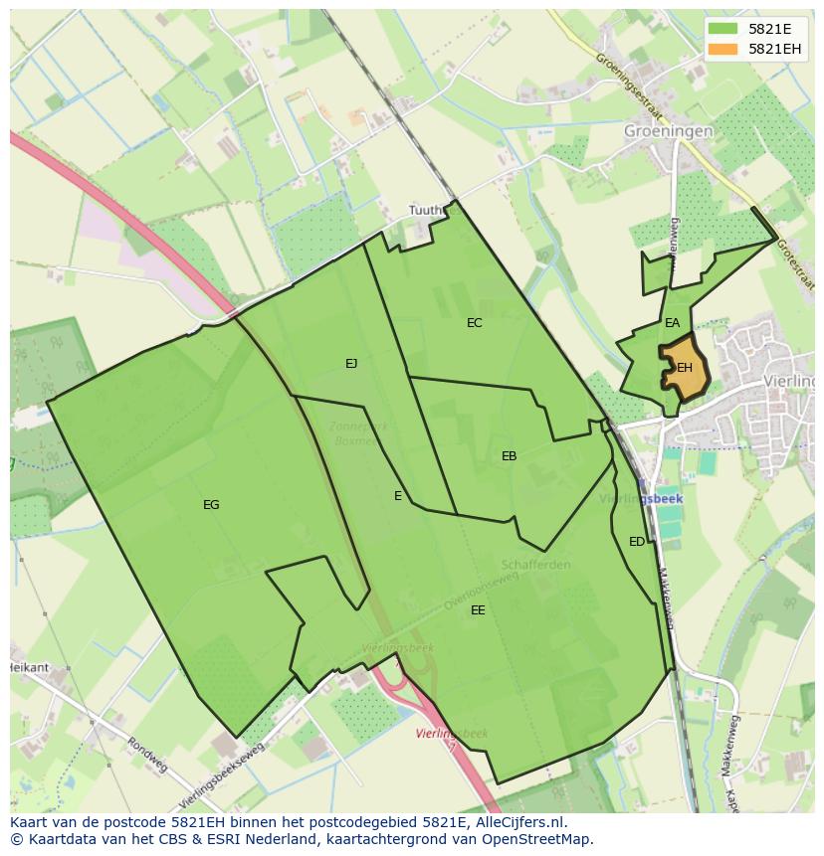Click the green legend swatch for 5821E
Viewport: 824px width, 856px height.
(723, 29)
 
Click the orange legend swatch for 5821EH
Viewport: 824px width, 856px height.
(723, 49)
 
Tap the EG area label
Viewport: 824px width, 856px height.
(211, 505)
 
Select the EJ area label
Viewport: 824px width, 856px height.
(351, 364)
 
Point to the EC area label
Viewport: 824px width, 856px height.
(475, 323)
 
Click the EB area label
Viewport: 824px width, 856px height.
(509, 456)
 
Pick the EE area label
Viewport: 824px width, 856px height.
(478, 610)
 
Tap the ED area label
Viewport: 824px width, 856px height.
(637, 542)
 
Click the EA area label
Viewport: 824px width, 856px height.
(673, 323)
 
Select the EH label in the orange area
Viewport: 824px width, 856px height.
(685, 368)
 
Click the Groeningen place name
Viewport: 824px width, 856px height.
(669, 130)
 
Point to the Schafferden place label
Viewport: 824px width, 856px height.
(536, 565)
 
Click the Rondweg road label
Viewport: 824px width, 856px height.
(146, 755)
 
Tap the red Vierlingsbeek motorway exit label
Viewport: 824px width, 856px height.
(452, 734)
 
